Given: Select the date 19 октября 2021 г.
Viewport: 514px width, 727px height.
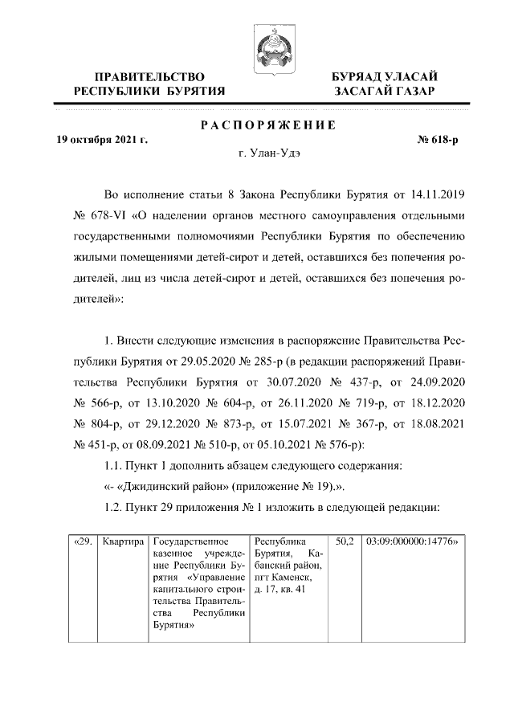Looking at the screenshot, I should coord(102,140).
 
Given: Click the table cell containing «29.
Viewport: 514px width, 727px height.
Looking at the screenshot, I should coord(82,542).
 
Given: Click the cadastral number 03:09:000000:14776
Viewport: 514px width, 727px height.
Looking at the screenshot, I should coord(410,542).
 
